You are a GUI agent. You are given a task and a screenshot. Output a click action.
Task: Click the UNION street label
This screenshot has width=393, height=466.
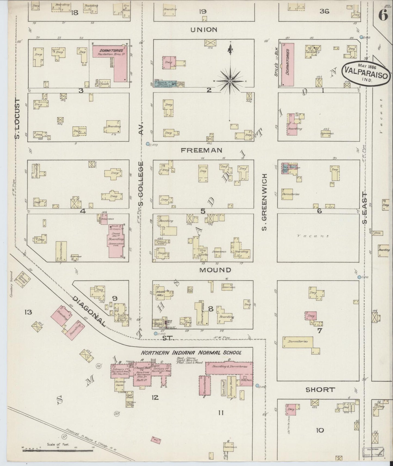click(204, 30)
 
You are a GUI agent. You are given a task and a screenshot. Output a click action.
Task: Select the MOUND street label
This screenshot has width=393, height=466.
click(215, 270)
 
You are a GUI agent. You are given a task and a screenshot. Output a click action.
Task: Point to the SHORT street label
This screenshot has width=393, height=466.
click(320, 389)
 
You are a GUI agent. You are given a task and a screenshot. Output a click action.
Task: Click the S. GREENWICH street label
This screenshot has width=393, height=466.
click(264, 202)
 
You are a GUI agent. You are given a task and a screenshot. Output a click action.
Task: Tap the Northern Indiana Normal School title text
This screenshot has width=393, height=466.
click(191, 353)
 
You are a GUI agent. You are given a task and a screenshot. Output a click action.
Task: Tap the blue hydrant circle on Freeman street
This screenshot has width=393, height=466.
click(148, 144)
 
